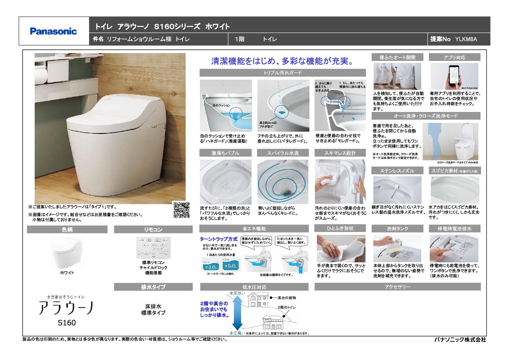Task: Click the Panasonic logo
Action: [x=53, y=31]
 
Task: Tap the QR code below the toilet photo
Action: [x=181, y=210]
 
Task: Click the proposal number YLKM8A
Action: [x=466, y=39]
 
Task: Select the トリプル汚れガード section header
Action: [x=283, y=73]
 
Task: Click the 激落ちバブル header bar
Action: [x=225, y=153]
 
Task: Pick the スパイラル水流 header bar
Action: [x=283, y=153]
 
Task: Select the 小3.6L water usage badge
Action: [x=210, y=267]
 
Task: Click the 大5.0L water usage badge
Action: [x=231, y=266]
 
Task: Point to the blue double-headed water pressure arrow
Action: [x=238, y=312]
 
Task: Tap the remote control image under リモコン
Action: [x=153, y=248]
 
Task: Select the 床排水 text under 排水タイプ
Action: [x=153, y=306]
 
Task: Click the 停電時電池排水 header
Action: [x=455, y=229]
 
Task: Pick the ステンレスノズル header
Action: [x=397, y=171]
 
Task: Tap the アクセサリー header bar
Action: [x=397, y=287]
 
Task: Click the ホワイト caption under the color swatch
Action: [x=67, y=273]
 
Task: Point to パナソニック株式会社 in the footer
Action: [x=460, y=340]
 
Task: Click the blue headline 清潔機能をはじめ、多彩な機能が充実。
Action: [x=283, y=61]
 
